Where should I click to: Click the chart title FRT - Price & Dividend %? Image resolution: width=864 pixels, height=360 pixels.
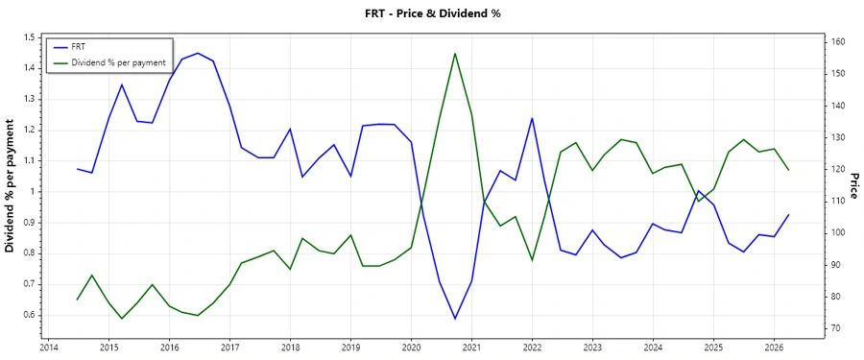point(431,13)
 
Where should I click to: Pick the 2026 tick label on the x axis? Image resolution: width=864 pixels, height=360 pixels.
point(774,348)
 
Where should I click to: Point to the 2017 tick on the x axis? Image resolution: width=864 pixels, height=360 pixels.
point(229,348)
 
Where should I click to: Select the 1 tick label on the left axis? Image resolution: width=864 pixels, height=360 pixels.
point(31,192)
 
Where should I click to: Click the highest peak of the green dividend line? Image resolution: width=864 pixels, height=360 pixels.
point(454,54)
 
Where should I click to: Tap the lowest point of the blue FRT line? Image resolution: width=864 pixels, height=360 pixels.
point(454,319)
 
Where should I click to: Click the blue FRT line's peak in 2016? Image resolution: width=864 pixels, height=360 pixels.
point(198,53)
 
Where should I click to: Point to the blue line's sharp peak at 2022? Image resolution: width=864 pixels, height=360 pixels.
point(532,118)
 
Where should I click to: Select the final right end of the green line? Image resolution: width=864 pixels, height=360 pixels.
point(788,170)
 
